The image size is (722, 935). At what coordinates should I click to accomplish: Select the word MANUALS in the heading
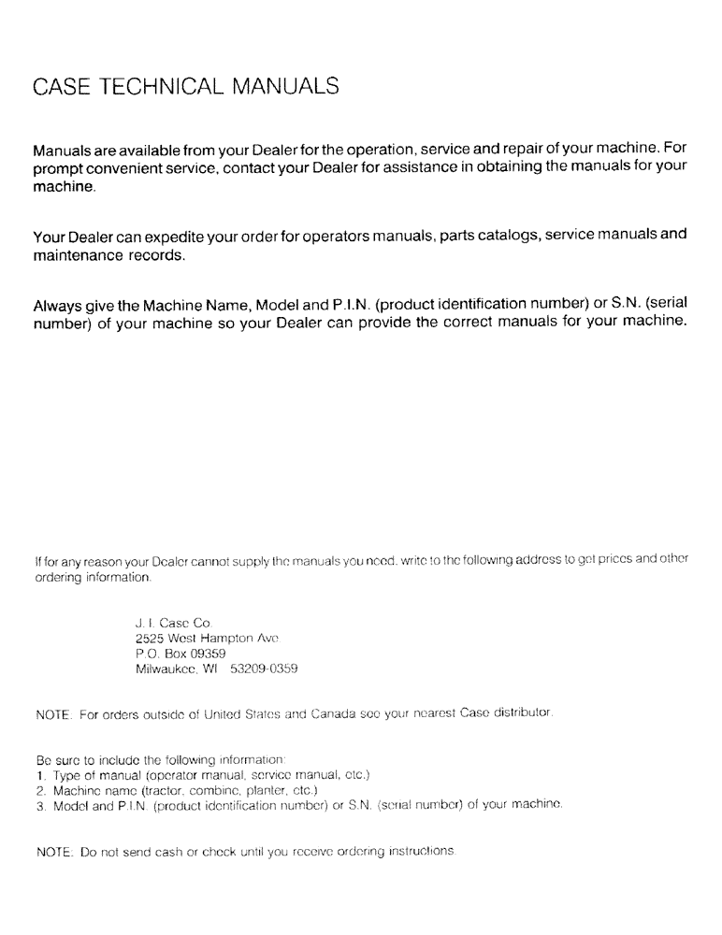point(280,88)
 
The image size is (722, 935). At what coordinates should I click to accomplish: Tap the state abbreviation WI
point(221,669)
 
